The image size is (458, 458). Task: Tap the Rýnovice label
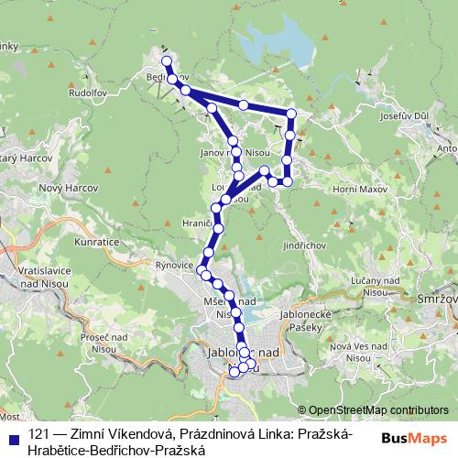click(174, 265)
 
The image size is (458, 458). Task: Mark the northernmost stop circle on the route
click(167, 61)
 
